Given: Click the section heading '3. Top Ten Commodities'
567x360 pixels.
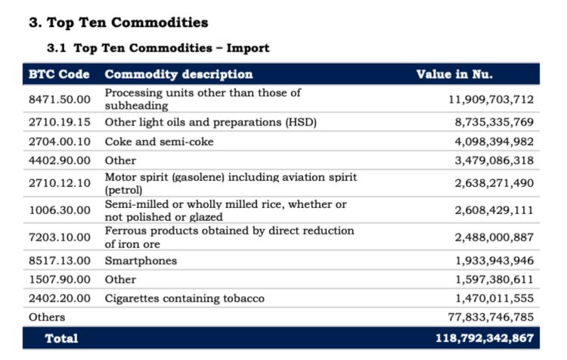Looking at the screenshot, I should coord(118,23).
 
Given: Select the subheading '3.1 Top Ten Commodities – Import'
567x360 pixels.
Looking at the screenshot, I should coord(158,48).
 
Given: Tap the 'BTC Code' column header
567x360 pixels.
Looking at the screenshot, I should coord(59,74).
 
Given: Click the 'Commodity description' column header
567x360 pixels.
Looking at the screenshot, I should coord(178,74).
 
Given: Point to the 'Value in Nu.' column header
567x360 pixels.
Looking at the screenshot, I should coord(454,74).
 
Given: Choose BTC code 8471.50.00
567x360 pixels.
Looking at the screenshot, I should coord(59,99).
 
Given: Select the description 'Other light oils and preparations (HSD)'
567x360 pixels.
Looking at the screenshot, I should coord(210,121).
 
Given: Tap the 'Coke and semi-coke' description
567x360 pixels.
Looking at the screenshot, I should coord(159,141).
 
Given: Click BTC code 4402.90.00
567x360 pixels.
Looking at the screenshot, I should coord(59,160).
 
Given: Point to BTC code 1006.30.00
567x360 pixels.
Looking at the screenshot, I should coord(59,210).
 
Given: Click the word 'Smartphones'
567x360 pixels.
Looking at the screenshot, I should coord(141,260).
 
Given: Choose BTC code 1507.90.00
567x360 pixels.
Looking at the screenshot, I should coord(59,279).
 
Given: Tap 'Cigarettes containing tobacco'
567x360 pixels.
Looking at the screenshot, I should coord(184,298).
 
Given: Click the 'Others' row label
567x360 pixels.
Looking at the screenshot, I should coord(47,317).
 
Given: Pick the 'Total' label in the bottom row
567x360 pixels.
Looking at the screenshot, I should coord(61,338).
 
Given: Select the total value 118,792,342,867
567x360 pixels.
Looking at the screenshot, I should coord(485,338).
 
